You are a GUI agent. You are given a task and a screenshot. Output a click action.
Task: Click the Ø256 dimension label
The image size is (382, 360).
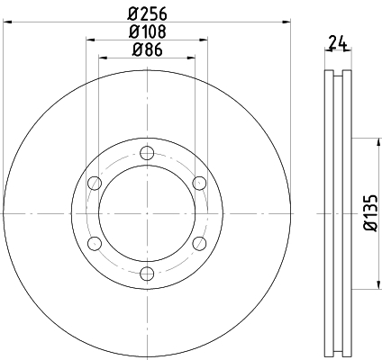point(147,13)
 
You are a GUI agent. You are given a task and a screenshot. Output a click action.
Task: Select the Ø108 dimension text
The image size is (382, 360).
point(147,31)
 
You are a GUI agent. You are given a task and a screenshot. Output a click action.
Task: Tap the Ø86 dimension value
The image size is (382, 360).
point(147,49)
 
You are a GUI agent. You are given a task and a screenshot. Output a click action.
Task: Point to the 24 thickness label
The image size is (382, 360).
point(338,42)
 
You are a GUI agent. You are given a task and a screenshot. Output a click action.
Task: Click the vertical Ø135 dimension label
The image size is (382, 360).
point(371,212)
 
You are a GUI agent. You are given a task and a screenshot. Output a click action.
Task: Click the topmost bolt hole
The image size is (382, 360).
point(147,153)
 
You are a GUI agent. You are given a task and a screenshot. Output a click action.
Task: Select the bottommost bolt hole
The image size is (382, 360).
point(147,274)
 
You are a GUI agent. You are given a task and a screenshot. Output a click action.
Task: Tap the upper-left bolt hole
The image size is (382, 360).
point(95,183)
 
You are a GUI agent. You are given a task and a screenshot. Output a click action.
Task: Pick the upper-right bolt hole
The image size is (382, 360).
point(199,183)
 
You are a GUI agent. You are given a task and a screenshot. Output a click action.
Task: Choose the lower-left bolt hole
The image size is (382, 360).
point(95,243)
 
